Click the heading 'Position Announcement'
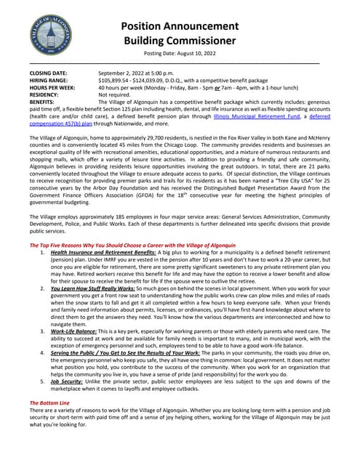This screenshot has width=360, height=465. [x=179, y=25]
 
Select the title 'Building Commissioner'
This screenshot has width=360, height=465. [x=179, y=41]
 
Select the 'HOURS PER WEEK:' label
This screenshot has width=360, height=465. [x=52, y=88]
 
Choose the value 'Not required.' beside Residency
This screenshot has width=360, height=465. [x=118, y=95]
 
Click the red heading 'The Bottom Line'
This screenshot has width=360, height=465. [x=49, y=402]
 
